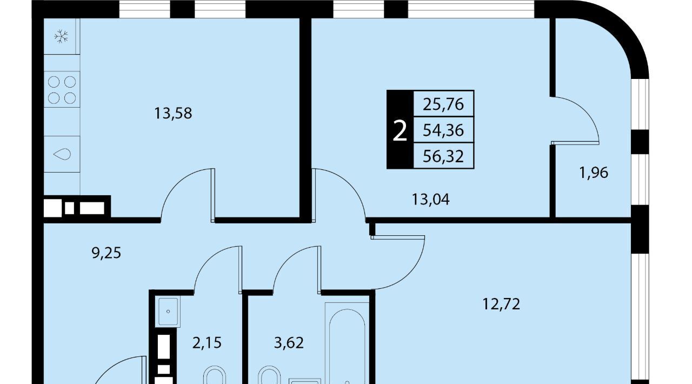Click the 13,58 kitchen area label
[173, 114]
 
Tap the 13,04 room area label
[431, 200]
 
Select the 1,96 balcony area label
[594, 173]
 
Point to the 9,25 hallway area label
[107, 253]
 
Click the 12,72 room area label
[501, 304]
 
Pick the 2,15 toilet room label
[207, 343]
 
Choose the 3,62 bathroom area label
[289, 343]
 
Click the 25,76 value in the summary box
[443, 104]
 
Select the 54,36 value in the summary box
[443, 130]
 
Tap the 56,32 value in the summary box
[443, 156]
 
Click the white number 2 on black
[400, 131]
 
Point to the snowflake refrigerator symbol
[61, 36]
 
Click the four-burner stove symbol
[62, 90]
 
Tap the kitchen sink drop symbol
[62, 154]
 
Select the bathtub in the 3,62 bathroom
[347, 343]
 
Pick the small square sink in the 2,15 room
[168, 311]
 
